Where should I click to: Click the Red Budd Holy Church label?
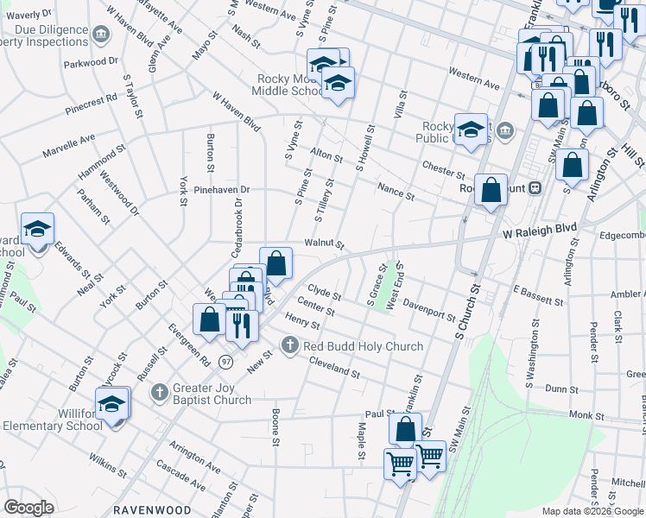pos(362,346)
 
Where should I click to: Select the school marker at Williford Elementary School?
pos(112,404)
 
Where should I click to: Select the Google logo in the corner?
pos(28,508)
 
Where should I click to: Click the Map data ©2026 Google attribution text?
pos(592,511)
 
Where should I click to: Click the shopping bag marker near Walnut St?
pos(275,262)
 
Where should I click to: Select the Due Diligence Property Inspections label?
pos(47,34)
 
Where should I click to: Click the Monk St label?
pos(586,415)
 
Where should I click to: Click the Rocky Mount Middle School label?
pos(289,85)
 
